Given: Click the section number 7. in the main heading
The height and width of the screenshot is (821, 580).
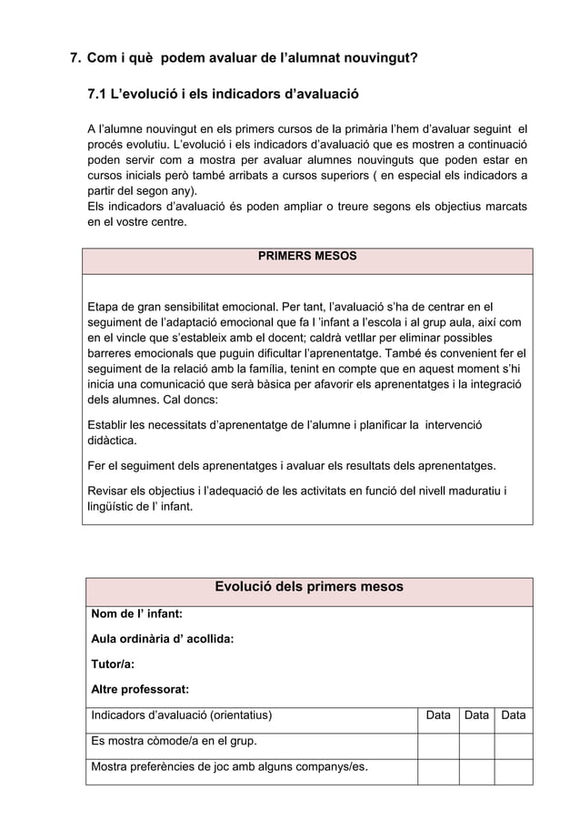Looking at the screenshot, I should tap(77, 59).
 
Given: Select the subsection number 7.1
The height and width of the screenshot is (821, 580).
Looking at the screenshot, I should tap(98, 94).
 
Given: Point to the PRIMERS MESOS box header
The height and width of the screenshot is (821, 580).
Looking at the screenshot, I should tap(307, 257).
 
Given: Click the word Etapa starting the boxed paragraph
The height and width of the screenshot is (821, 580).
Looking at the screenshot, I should tap(105, 305).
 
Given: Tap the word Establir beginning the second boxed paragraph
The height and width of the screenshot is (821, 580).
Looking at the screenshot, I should tap(109, 424).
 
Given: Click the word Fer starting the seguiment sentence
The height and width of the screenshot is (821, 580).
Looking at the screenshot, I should tap(98, 466).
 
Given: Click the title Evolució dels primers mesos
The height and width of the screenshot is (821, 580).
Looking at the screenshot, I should tap(308, 587).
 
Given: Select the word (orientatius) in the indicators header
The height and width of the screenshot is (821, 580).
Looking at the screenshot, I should tap(233, 716).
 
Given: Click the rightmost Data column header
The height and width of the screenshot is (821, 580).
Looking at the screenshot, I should tap(513, 716).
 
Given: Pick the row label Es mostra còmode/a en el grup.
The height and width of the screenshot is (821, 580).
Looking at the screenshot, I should tap(173, 741).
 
